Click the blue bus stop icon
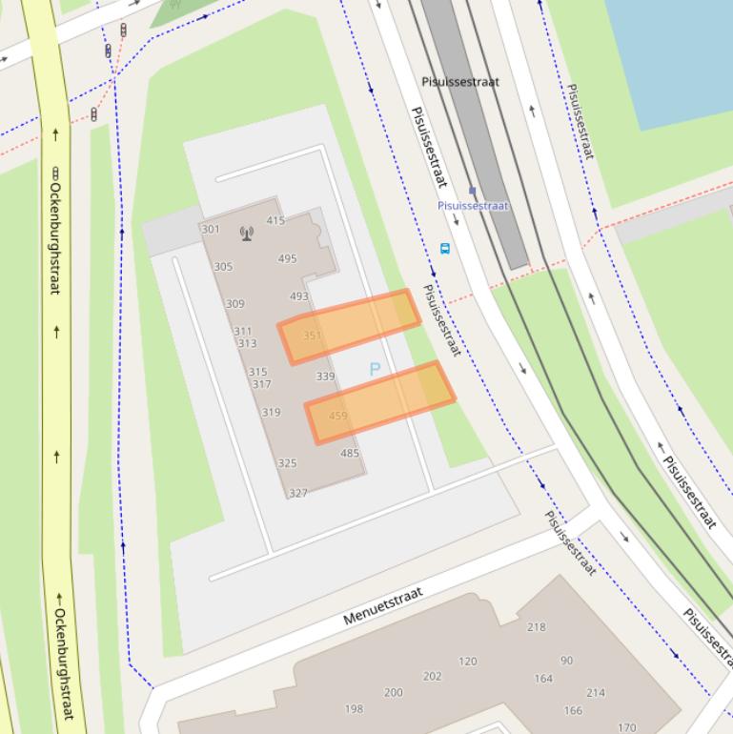[x=444, y=250]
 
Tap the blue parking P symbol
[x=375, y=369]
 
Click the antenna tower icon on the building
[x=247, y=233]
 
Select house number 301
[x=211, y=230]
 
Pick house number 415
[x=275, y=221]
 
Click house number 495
[x=287, y=258]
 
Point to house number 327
[x=298, y=493]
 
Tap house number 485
[x=350, y=454]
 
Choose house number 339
[x=325, y=377]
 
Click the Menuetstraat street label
[x=382, y=605]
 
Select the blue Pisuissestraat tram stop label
[x=473, y=206]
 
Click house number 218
[x=537, y=627]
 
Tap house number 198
[x=354, y=708]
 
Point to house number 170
[x=626, y=727]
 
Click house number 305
[x=223, y=267]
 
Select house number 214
[x=596, y=693]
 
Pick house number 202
[x=433, y=677]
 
